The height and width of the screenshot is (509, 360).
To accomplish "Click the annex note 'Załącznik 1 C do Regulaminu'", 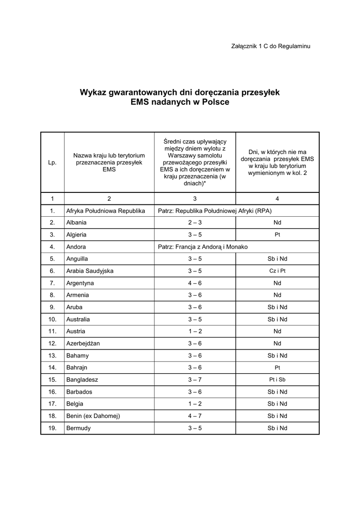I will (270, 46).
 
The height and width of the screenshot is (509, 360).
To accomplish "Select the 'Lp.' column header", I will (52, 163).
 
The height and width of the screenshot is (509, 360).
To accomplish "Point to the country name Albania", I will (77, 223).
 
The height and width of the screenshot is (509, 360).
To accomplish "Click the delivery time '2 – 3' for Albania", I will (194, 223).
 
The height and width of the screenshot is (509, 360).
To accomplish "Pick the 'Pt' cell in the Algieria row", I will (277, 235).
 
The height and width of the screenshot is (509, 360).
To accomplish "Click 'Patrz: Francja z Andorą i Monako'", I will (202, 247).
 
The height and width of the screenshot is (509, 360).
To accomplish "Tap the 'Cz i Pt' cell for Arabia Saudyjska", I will (277, 271).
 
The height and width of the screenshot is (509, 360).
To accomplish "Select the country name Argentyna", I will (80, 283).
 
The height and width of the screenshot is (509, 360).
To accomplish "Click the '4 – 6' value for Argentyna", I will (194, 283).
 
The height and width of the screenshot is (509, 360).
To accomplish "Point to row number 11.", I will (52, 331).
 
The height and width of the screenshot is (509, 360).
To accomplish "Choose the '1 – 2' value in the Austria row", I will (194, 331).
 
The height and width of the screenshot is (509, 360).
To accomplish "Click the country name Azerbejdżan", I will (83, 343).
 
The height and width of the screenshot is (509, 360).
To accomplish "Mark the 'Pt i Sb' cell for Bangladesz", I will (277, 380).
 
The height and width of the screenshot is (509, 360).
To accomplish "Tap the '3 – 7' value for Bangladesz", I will (194, 380).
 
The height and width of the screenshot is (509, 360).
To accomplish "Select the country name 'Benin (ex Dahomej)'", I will (93, 416).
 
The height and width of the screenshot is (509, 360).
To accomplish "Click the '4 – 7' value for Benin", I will (194, 416).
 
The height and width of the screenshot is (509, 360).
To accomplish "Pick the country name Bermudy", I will (79, 428).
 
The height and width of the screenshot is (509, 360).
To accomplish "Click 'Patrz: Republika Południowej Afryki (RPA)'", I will (214, 211).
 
